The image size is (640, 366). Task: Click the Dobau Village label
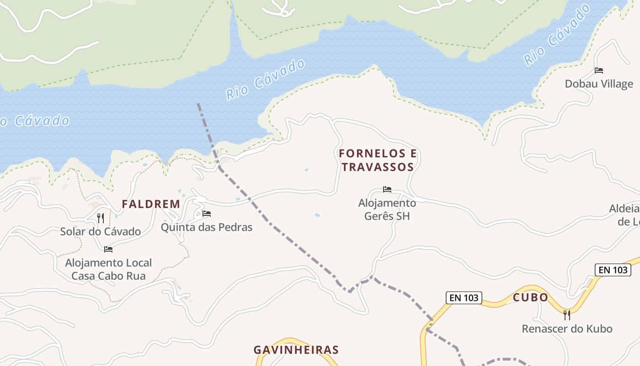pyautogui.click(x=599, y=84)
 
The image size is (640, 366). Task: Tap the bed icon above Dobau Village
pyautogui.click(x=599, y=70)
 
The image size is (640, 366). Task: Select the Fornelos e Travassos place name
pyautogui.click(x=378, y=160)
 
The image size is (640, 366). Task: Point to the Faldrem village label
pyautogui.click(x=151, y=204)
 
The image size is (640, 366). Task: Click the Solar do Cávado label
pyautogui.click(x=101, y=231)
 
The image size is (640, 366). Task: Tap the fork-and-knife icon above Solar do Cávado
pyautogui.click(x=101, y=218)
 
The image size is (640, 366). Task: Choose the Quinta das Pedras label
pyautogui.click(x=207, y=227)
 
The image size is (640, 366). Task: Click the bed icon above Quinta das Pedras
pyautogui.click(x=207, y=214)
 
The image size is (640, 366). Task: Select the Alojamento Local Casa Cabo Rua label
pyautogui.click(x=108, y=269)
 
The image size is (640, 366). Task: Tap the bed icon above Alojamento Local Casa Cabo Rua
pyautogui.click(x=108, y=249)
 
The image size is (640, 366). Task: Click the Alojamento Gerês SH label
pyautogui.click(x=387, y=209)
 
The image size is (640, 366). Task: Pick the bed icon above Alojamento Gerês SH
pyautogui.click(x=387, y=189)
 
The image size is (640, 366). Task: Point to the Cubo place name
pyautogui.click(x=530, y=297)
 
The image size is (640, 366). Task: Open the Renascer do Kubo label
pyautogui.click(x=567, y=328)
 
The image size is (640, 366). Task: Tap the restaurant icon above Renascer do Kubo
pyautogui.click(x=567, y=315)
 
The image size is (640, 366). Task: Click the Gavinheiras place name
pyautogui.click(x=296, y=350)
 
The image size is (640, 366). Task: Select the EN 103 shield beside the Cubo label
pyautogui.click(x=464, y=298)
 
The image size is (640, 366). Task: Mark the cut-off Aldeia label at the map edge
pyautogui.click(x=624, y=215)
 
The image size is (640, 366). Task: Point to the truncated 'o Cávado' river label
pyautogui.click(x=35, y=121)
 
